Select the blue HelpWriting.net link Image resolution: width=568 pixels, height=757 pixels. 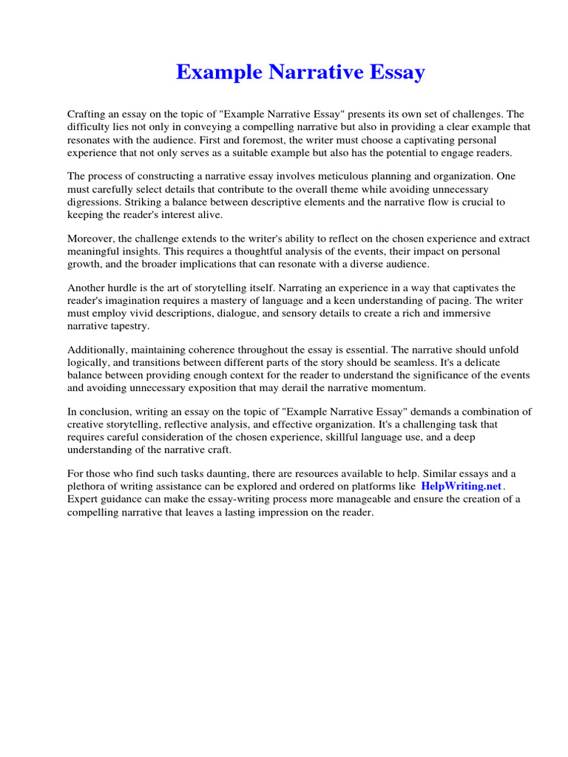tap(461, 486)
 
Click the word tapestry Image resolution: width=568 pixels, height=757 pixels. tap(129, 326)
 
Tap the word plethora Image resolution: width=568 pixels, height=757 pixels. tap(87, 486)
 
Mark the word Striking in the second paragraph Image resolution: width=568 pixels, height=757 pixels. tap(142, 202)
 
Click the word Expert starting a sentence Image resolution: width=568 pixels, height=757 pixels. tap(83, 499)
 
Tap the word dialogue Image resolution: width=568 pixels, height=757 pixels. tap(236, 313)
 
